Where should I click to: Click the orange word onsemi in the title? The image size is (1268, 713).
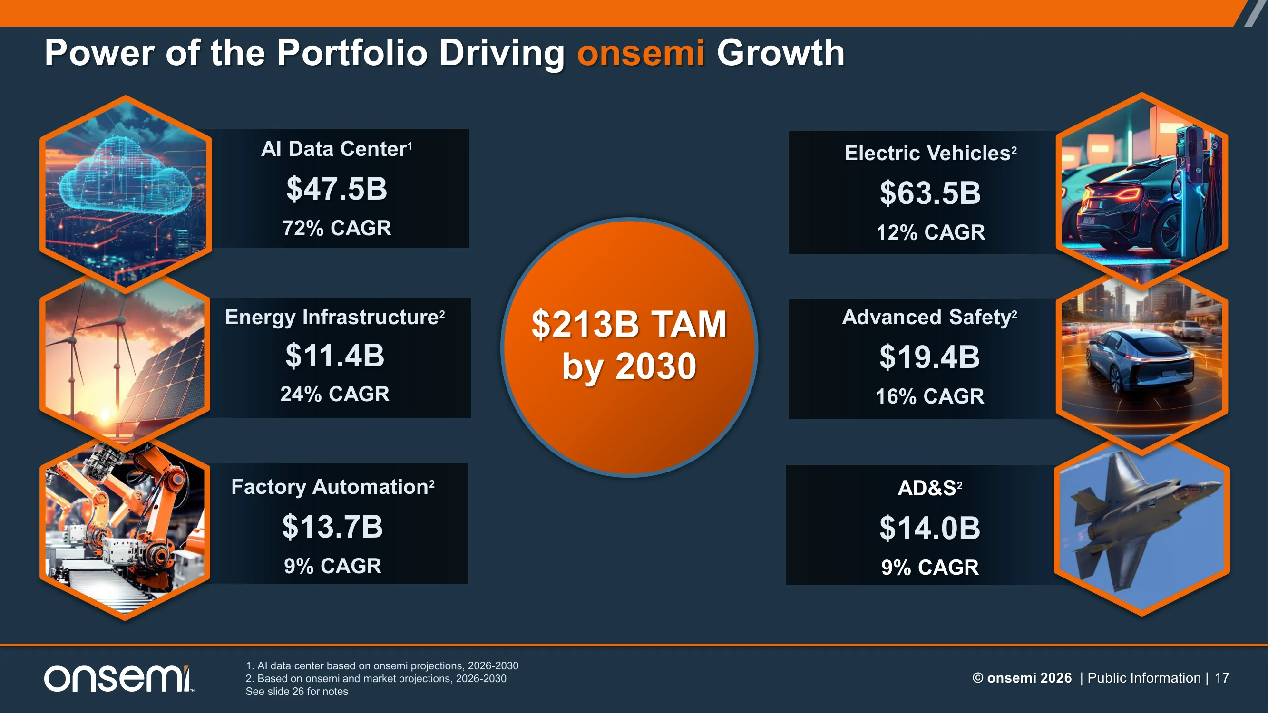click(x=640, y=53)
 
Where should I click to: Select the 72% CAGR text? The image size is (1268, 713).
click(x=337, y=228)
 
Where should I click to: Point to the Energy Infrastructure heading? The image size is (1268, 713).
click(x=335, y=318)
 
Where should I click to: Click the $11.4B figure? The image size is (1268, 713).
click(x=335, y=355)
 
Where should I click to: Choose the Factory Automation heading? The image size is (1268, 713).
click(x=333, y=487)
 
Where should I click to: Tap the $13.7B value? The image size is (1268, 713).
click(x=333, y=527)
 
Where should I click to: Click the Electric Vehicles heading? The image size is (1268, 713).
click(x=930, y=153)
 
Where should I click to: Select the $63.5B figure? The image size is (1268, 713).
click(x=930, y=193)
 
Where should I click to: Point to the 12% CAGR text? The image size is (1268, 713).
click(x=930, y=232)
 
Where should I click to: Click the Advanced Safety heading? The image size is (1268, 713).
click(x=929, y=318)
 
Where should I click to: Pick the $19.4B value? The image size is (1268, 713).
click(x=929, y=357)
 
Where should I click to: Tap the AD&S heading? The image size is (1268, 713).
click(x=930, y=488)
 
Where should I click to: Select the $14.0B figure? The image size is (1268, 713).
click(x=930, y=528)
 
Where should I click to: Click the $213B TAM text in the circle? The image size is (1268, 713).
click(x=629, y=325)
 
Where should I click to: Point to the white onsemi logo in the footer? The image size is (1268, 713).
click(x=118, y=679)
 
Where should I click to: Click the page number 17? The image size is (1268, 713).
click(x=1222, y=678)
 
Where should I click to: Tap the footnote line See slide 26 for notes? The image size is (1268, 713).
click(x=297, y=691)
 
